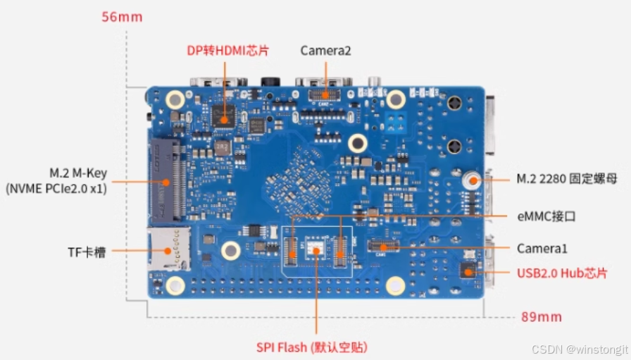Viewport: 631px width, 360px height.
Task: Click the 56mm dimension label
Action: [122, 16]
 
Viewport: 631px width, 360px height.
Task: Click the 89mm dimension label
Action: [542, 316]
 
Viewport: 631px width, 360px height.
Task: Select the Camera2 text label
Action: [325, 51]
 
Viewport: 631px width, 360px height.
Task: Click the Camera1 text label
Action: [542, 249]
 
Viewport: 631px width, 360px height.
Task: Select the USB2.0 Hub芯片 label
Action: [562, 273]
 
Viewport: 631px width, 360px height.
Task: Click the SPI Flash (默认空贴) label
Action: [311, 347]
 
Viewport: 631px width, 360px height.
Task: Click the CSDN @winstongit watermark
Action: [580, 349]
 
